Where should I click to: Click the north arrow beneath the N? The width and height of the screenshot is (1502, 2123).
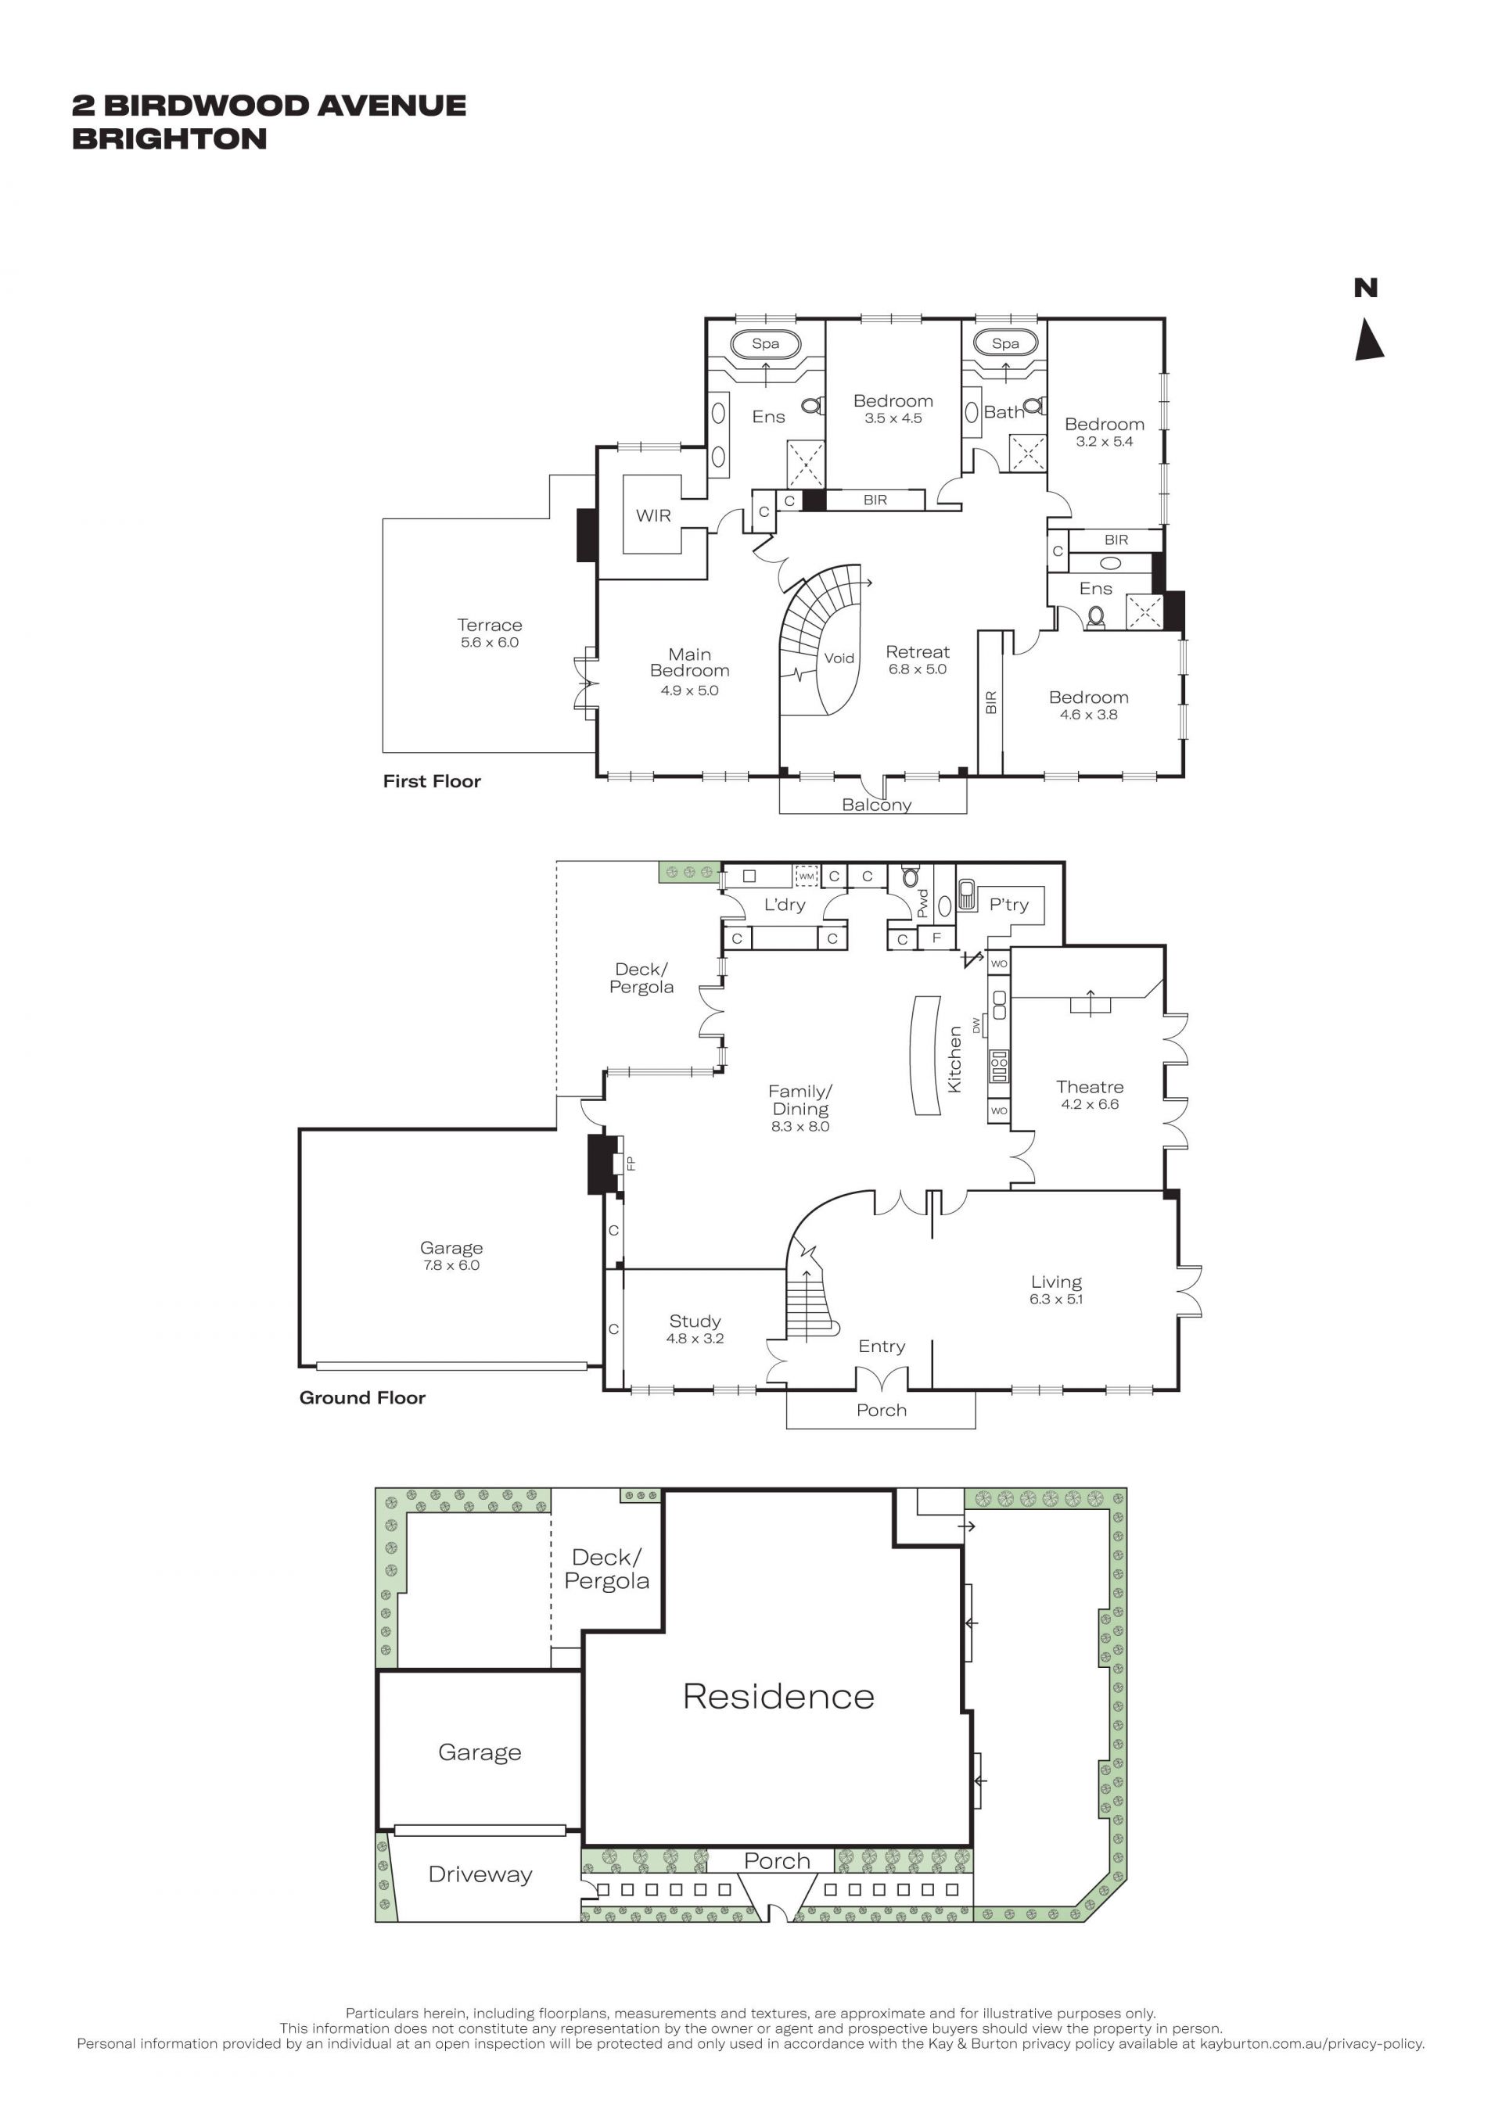pyautogui.click(x=1369, y=340)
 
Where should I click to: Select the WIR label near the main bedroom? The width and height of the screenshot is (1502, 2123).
pyautogui.click(x=653, y=516)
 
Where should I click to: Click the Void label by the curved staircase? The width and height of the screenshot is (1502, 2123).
pyautogui.click(x=839, y=658)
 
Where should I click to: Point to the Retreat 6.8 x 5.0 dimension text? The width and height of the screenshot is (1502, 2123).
pyautogui.click(x=918, y=669)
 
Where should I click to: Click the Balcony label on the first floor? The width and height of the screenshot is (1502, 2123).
pyautogui.click(x=877, y=805)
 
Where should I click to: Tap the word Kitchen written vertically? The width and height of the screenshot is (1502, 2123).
pyautogui.click(x=955, y=1060)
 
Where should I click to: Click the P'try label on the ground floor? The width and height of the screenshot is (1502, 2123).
pyautogui.click(x=1009, y=904)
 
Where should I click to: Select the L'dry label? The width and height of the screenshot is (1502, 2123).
pyautogui.click(x=785, y=904)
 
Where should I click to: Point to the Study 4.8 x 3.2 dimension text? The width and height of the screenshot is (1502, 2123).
pyautogui.click(x=695, y=1338)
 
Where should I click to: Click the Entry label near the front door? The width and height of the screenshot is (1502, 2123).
pyautogui.click(x=882, y=1347)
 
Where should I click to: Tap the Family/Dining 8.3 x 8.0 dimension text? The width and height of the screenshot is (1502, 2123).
pyautogui.click(x=800, y=1126)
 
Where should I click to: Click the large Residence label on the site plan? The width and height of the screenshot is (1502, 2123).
pyautogui.click(x=778, y=1697)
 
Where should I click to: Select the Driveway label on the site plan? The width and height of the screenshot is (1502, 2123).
pyautogui.click(x=480, y=1875)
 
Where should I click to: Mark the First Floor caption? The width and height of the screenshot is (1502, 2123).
pyautogui.click(x=432, y=781)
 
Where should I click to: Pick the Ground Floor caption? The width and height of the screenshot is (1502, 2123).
pyautogui.click(x=362, y=1397)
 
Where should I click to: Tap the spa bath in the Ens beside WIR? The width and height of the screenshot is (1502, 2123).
pyautogui.click(x=766, y=344)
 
